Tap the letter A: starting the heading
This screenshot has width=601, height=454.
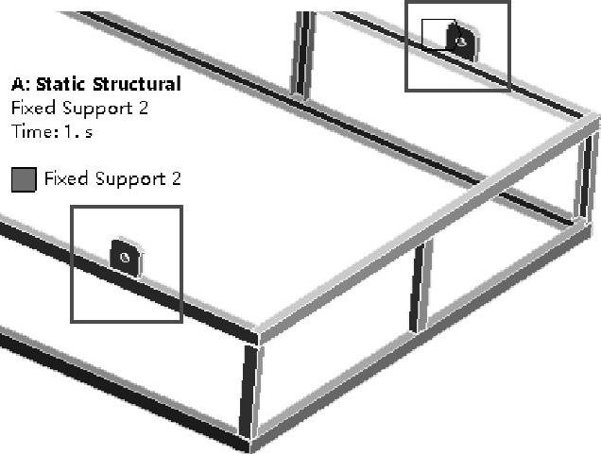[20, 84]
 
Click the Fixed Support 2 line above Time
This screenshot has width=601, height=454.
[79, 108]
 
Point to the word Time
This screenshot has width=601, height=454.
[31, 131]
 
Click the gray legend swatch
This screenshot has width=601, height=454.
[24, 179]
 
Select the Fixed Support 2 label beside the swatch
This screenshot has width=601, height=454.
[112, 178]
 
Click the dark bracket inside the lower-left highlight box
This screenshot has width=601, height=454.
[126, 257]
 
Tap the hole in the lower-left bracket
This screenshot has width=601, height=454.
[125, 255]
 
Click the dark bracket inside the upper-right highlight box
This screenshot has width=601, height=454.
[461, 42]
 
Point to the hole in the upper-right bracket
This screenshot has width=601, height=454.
[461, 42]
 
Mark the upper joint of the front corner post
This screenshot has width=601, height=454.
[255, 337]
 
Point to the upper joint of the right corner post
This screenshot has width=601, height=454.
[592, 122]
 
